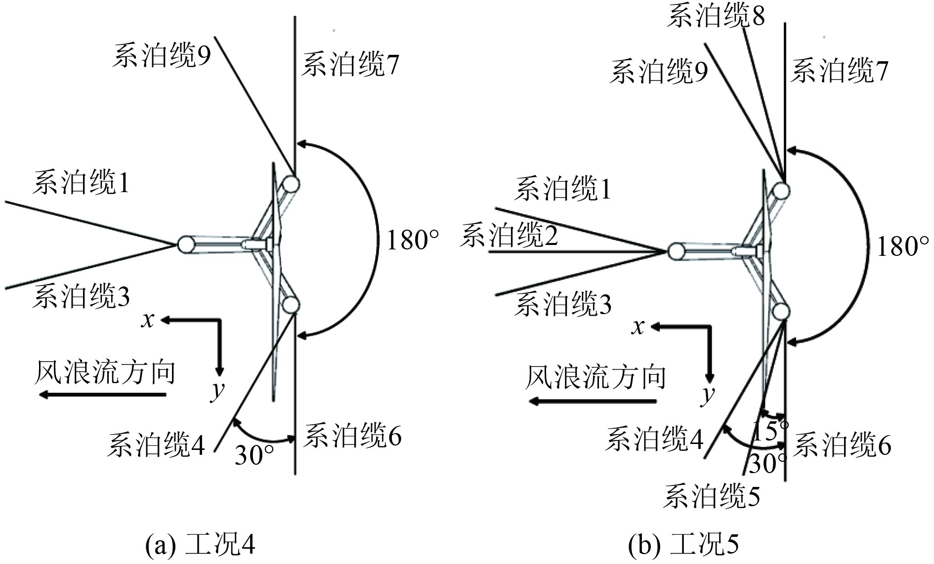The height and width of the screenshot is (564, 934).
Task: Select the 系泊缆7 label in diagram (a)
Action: click(x=350, y=65)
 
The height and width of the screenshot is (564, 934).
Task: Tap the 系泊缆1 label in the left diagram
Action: click(x=81, y=182)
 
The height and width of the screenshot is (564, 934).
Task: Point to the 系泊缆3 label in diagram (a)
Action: click(x=81, y=297)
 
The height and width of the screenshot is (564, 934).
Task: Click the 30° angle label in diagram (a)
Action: click(x=254, y=455)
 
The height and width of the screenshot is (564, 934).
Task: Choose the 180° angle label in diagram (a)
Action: click(x=413, y=240)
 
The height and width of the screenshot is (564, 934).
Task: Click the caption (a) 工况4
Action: click(x=200, y=545)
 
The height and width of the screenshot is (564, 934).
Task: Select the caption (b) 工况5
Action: click(x=683, y=545)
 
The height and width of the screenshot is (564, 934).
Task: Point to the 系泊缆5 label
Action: click(x=711, y=496)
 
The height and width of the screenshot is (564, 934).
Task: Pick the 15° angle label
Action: click(x=770, y=431)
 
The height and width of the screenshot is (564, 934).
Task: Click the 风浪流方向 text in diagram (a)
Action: click(x=105, y=372)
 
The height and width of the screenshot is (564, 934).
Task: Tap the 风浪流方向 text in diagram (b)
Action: click(x=595, y=377)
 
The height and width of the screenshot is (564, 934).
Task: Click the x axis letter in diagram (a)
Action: click(x=148, y=320)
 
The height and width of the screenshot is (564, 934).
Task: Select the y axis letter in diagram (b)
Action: click(x=709, y=394)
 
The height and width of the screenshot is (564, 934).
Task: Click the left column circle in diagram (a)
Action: click(x=186, y=244)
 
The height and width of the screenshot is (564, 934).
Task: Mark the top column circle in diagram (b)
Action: click(x=781, y=191)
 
